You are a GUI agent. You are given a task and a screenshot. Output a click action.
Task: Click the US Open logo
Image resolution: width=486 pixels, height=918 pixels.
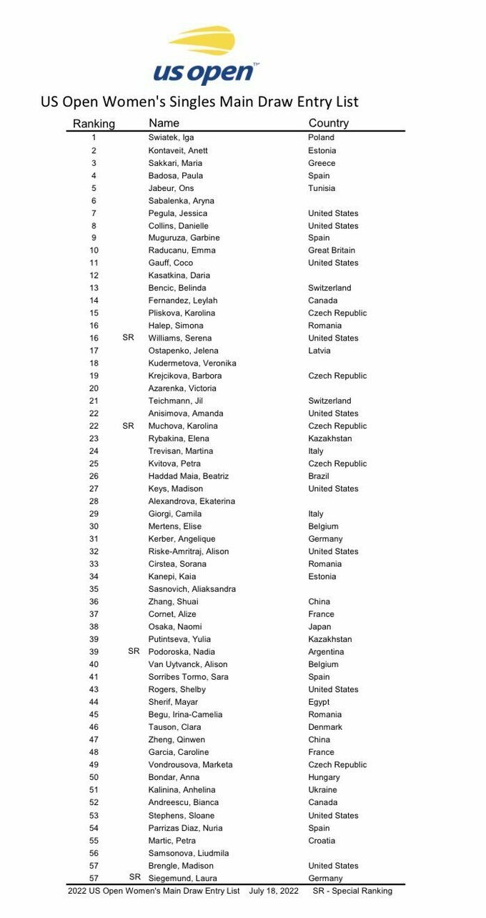click(x=205, y=56)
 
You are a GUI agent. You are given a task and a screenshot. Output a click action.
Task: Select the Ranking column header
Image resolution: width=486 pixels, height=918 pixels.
click(x=94, y=124)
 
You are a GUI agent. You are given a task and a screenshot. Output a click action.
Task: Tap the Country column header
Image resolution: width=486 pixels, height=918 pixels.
click(x=328, y=123)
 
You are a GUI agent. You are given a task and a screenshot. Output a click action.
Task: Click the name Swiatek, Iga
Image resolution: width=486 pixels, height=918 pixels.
click(x=171, y=137)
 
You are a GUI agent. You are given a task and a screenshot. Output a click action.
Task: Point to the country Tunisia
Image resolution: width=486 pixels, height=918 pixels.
click(x=322, y=188)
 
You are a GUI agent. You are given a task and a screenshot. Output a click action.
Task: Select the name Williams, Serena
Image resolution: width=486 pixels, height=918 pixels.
click(x=180, y=338)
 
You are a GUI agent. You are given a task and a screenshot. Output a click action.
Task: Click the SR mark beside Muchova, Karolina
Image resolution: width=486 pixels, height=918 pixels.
click(x=129, y=426)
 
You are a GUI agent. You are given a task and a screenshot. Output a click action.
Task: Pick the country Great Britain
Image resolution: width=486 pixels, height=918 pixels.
click(x=332, y=250)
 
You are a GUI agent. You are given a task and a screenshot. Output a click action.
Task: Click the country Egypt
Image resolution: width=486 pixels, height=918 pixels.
click(x=319, y=702)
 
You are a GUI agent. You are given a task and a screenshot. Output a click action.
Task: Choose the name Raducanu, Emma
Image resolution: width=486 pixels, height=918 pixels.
click(x=182, y=250)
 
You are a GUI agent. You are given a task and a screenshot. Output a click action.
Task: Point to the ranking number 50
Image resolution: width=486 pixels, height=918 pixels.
click(x=94, y=777)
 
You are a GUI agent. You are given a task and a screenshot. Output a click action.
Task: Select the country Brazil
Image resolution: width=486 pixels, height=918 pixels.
click(x=319, y=476)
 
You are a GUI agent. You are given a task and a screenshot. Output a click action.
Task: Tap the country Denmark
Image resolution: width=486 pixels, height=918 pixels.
click(x=325, y=727)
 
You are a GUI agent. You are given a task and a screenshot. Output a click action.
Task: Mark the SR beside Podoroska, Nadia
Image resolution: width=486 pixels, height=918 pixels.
click(x=134, y=651)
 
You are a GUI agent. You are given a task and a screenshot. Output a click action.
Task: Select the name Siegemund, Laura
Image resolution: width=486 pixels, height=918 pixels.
click(x=182, y=878)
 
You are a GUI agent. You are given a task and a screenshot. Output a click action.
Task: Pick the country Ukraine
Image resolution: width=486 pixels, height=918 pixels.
click(x=323, y=790)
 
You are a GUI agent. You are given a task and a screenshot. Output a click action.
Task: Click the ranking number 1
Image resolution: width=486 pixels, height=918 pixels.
click(x=94, y=137)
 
